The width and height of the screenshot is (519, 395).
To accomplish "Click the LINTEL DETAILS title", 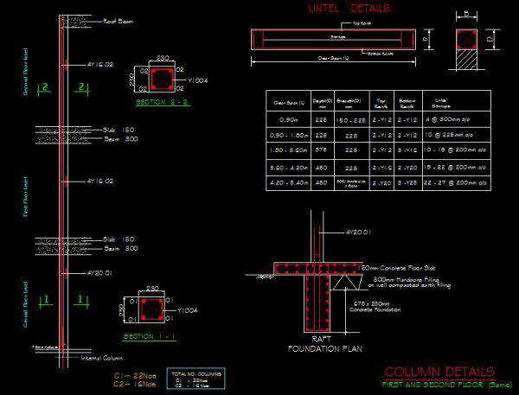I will [x=349, y=9].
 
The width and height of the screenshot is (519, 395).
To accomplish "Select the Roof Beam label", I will [x=118, y=20].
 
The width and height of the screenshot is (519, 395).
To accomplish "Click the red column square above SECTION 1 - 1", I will [x=151, y=308].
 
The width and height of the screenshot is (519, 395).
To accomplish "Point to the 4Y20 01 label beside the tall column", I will [x=100, y=273].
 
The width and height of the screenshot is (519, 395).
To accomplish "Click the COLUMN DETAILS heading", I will [x=439, y=372].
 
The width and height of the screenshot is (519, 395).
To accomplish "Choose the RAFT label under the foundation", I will [x=322, y=339].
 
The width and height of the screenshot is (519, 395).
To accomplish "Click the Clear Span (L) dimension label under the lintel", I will [x=334, y=59].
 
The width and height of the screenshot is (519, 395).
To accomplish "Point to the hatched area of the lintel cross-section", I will [x=467, y=61].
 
